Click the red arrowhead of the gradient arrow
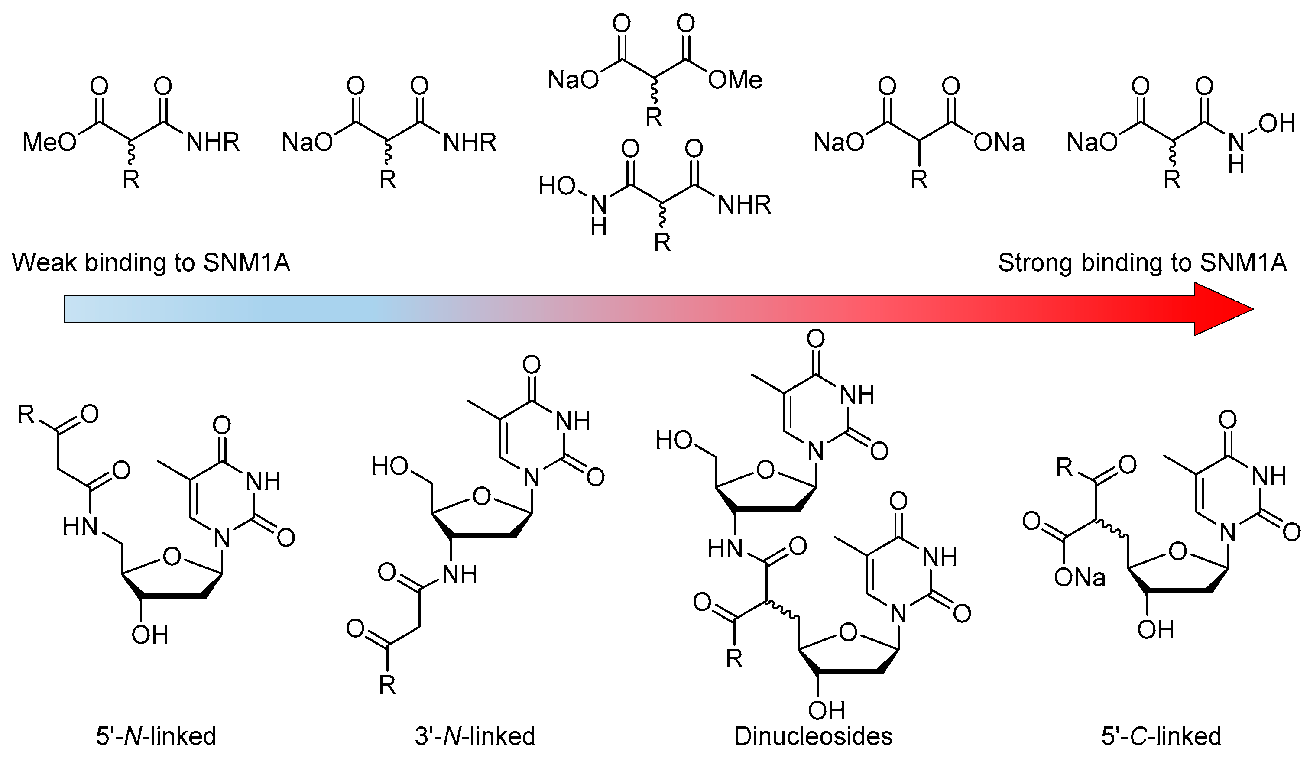(1222, 309)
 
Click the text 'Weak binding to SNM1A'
(151, 262)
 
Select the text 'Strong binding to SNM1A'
(1142, 262)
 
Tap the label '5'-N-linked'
(156, 736)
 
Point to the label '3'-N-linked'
(475, 736)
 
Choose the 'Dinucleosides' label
(813, 736)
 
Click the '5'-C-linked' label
(1161, 736)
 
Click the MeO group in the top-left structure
(49, 142)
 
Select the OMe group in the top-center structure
(735, 80)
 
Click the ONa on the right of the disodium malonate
(999, 142)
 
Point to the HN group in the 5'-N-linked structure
(81, 527)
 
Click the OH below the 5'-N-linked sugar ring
(150, 635)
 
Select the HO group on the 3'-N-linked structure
(390, 466)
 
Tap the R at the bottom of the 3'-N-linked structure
(387, 685)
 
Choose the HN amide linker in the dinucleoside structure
(725, 548)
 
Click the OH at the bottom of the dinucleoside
(827, 710)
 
